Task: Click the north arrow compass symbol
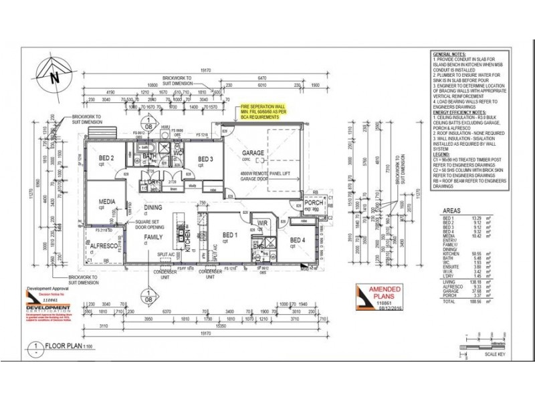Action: [x=51, y=75]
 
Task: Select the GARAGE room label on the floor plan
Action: [x=253, y=153]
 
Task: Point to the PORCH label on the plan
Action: [x=314, y=203]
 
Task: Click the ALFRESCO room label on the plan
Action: [x=104, y=246]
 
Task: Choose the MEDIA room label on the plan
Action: [x=106, y=201]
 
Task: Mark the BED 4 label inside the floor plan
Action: [x=298, y=241]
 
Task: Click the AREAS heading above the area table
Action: [x=451, y=209]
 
